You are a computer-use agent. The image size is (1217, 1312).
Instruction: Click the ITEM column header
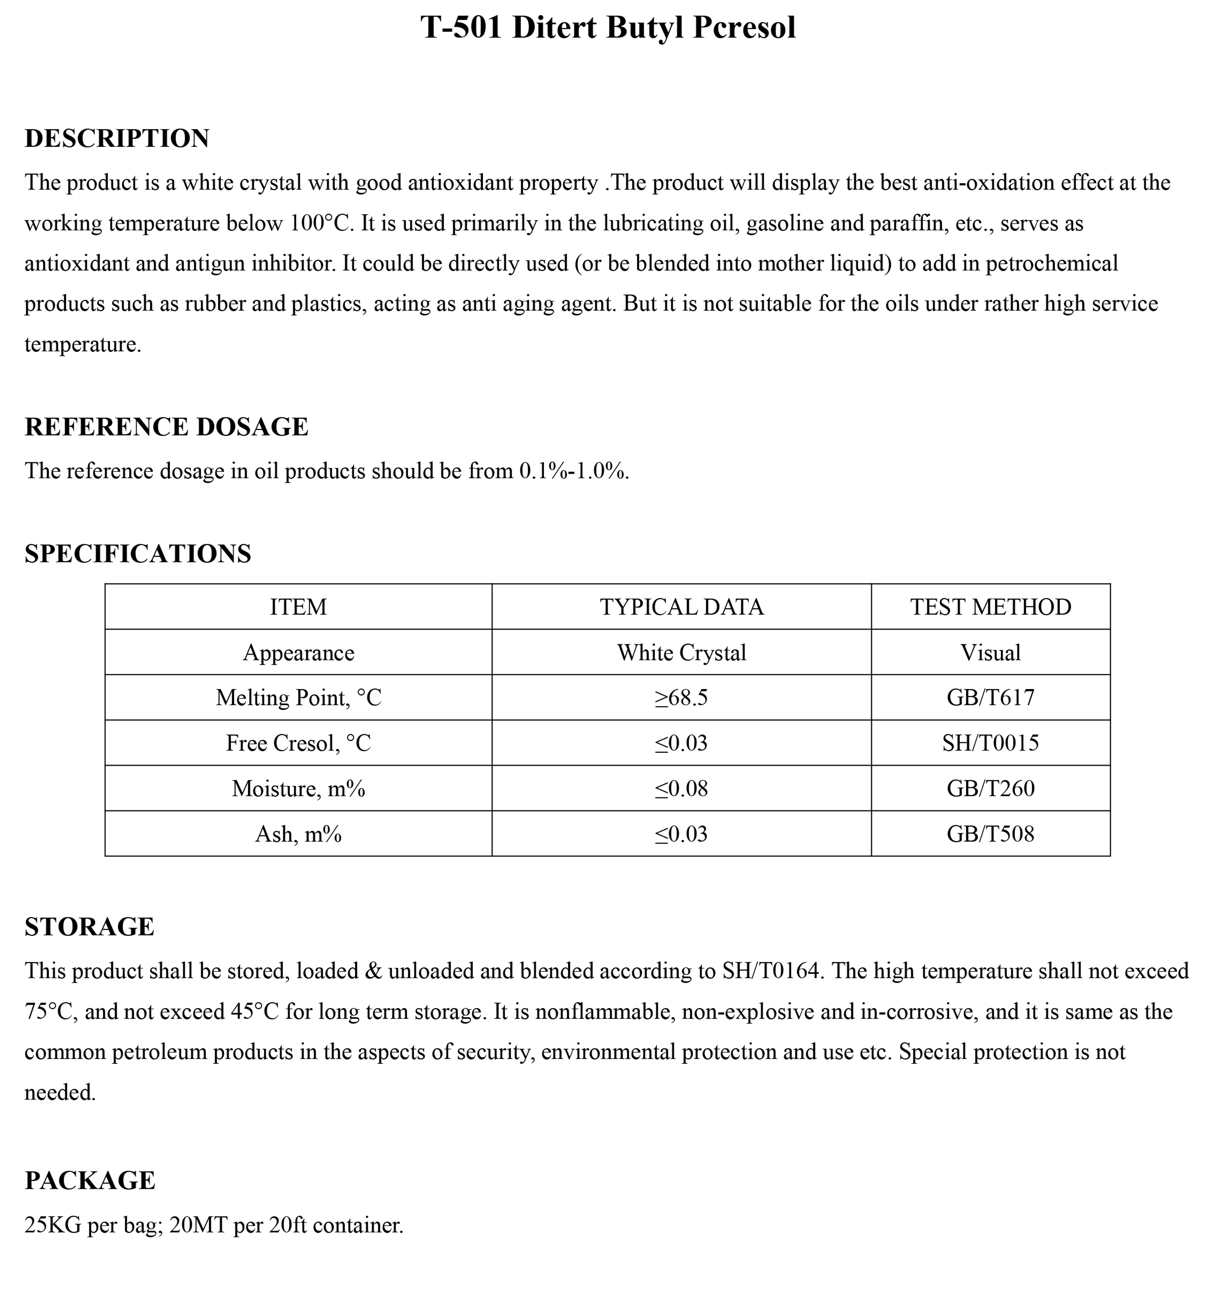pos(298,607)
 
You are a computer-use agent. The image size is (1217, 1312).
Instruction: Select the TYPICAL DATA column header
pos(682,607)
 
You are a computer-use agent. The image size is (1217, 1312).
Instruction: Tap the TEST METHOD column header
pos(991,607)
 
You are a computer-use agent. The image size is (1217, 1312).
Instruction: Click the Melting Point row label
pos(298,698)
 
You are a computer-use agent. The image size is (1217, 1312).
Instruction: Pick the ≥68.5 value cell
pos(682,698)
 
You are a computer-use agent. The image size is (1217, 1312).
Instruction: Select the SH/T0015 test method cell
pos(991,743)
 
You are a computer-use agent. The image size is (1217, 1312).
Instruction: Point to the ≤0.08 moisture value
pos(682,788)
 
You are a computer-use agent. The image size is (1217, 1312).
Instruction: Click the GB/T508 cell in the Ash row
pos(991,834)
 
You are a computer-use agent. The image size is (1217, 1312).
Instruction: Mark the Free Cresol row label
pos(298,743)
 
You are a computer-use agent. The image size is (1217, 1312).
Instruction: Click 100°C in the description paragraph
pos(319,223)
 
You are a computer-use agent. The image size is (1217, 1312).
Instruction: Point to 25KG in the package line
pos(53,1225)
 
